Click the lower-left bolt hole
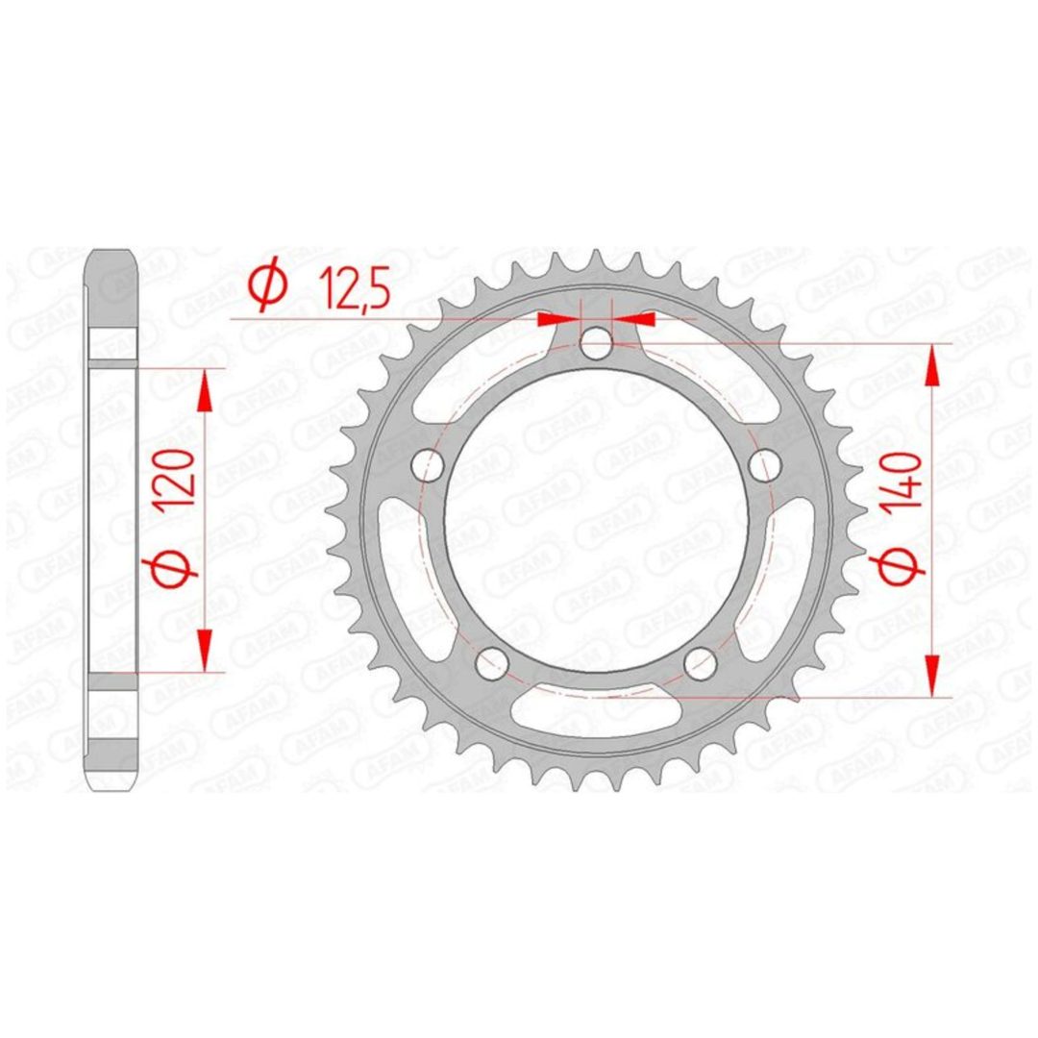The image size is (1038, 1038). tap(492, 662)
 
